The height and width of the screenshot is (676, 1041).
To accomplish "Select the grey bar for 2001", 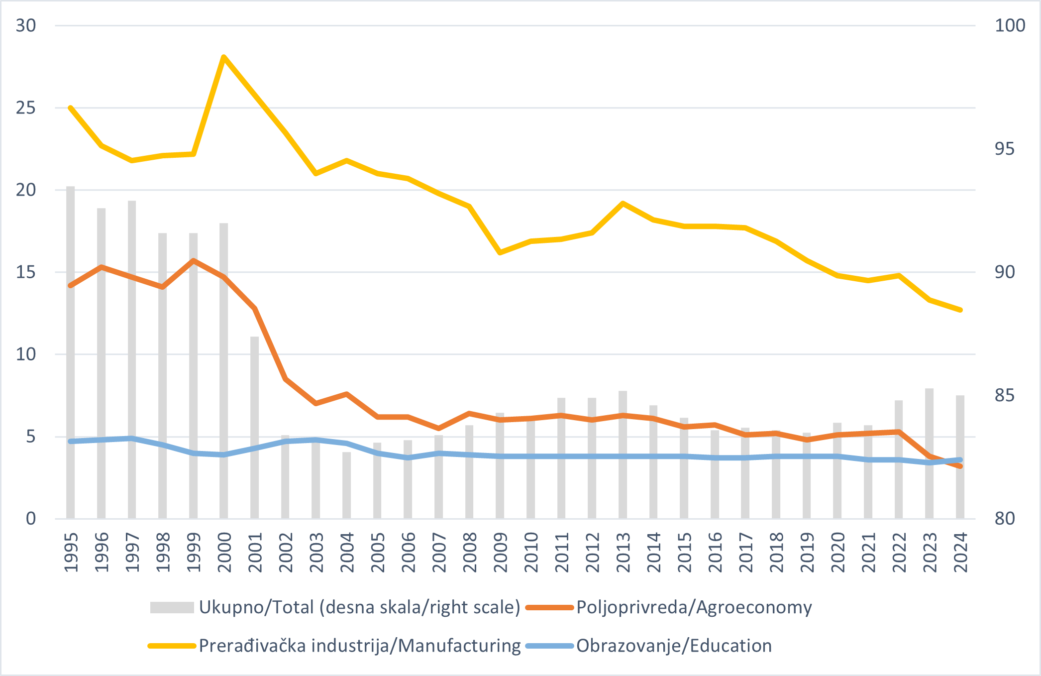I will tap(254, 428).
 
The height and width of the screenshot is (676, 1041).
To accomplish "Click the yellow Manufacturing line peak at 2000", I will tap(224, 57).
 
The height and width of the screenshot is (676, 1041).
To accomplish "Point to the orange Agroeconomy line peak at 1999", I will tap(193, 260).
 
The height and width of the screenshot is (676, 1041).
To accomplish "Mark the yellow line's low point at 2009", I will tap(500, 253).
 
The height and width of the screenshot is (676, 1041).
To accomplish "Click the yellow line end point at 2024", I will tap(960, 310).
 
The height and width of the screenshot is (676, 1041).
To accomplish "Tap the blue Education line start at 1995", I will tap(71, 441).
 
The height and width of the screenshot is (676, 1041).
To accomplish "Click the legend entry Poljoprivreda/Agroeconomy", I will tap(694, 607).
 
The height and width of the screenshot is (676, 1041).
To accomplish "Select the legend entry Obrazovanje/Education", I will tap(674, 646).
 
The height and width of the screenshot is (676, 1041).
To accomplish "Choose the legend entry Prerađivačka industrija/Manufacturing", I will tap(359, 646).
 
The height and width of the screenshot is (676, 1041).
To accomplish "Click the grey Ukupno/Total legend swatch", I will tap(172, 607).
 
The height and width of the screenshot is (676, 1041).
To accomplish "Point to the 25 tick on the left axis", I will tap(26, 108).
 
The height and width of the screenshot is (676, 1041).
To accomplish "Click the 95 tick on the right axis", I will tap(1004, 149).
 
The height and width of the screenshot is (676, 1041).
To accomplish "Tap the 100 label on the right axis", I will tap(1010, 25).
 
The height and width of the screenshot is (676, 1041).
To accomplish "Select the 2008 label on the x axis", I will tap(469, 553).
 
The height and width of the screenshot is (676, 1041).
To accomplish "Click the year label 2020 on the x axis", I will tap(837, 553).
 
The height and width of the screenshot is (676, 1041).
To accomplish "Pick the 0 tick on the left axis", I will tap(31, 519).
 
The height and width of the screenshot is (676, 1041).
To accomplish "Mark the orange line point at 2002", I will tap(285, 379).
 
